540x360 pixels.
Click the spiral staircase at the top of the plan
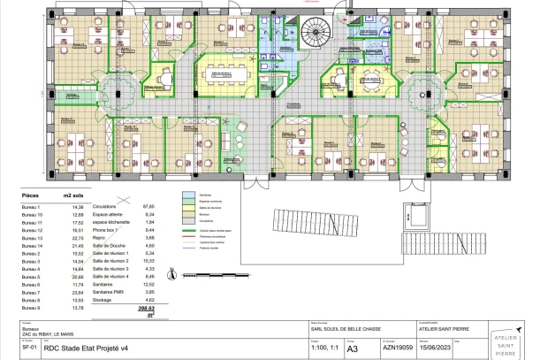pos(316,36)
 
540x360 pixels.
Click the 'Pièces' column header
pos(29,192)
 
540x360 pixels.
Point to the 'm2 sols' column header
pos(72,192)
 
